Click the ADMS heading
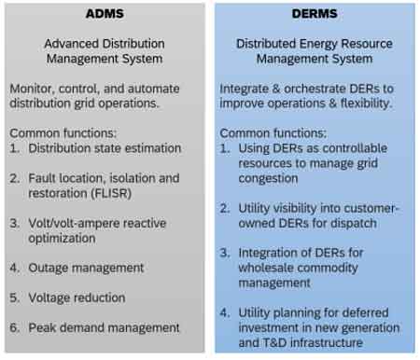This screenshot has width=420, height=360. point(104,15)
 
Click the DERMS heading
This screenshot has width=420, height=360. point(314,15)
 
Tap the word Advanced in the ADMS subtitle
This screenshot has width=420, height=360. point(73,42)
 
